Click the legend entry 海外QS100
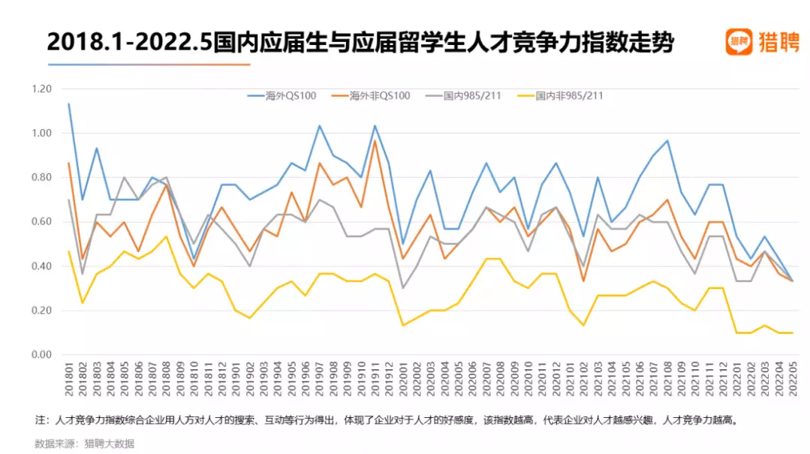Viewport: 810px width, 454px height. coord(291,96)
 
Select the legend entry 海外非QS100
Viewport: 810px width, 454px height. coord(380,96)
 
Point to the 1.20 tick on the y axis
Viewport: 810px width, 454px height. coord(42,89)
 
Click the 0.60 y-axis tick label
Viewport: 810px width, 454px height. coord(42,222)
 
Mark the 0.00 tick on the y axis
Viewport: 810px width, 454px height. coord(42,355)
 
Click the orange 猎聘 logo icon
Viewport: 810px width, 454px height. coord(739,42)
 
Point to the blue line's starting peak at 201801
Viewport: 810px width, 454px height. coord(69,104)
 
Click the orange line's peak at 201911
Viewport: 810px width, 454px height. coord(375,140)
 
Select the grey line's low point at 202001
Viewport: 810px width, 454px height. coord(403,288)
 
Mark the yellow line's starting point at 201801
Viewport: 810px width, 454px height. coord(69,251)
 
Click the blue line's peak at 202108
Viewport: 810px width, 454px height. coord(667,140)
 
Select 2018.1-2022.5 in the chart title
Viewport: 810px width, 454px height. coord(128,43)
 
